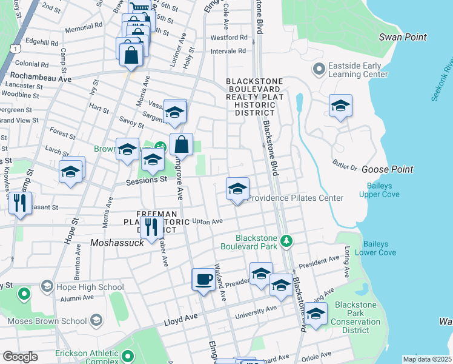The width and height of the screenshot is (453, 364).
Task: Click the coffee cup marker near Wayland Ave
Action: (203, 280)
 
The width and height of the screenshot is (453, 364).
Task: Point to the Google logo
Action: (20, 357)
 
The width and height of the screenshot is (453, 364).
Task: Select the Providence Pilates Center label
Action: (296, 198)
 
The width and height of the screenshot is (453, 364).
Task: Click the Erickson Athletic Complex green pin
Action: (127, 356)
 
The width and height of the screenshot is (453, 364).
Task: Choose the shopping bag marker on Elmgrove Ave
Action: (181, 145)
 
